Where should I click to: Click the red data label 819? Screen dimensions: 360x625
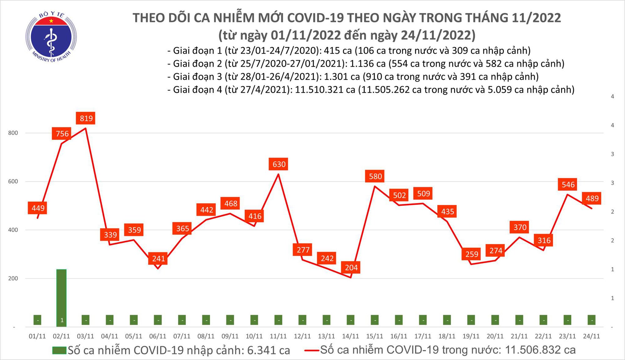tap(86, 118)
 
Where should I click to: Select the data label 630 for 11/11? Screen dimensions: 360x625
tap(279, 164)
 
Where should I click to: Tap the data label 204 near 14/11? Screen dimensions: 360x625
tap(351, 267)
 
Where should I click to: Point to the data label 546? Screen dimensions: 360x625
tap(568, 185)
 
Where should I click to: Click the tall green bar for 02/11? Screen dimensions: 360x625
tap(61, 297)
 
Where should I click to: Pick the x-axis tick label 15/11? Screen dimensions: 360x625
tap(374, 336)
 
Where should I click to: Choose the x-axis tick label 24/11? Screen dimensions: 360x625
tap(591, 336)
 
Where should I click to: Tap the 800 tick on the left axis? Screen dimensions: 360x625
tap(13, 133)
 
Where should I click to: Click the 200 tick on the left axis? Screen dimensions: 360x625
tap(13, 278)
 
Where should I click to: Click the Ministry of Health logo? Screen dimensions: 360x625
tap(51, 37)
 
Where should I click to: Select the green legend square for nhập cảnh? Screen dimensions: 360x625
tap(59, 350)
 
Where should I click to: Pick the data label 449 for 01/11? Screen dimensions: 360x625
tap(38, 208)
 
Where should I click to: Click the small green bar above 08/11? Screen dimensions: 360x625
tap(206, 320)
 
